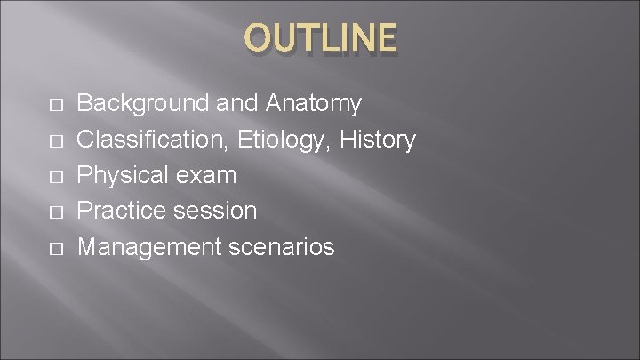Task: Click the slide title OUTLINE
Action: [x=321, y=37]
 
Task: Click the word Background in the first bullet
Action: [x=141, y=104]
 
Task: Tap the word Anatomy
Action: [x=314, y=104]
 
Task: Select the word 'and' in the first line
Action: [x=236, y=104]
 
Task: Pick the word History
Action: [x=379, y=140]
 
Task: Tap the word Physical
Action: [x=121, y=175]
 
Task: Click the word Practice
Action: [x=120, y=211]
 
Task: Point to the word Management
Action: [x=147, y=246]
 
